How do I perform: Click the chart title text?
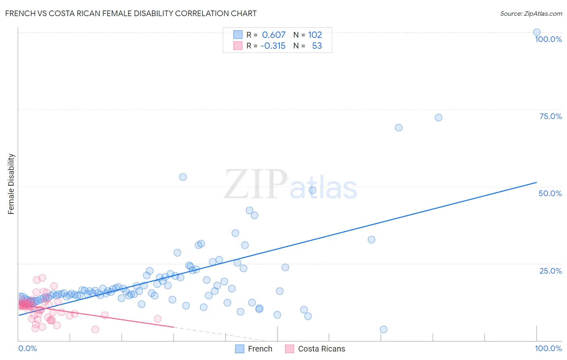click(131, 13)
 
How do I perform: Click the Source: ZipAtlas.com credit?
click(531, 13)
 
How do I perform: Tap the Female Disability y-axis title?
click(11, 184)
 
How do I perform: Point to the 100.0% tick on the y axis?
click(548, 39)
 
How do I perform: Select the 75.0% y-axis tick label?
click(550, 116)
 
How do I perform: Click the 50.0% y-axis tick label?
click(550, 193)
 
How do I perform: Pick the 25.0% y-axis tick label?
click(550, 271)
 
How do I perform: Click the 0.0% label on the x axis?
click(27, 348)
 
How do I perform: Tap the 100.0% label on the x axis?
click(548, 348)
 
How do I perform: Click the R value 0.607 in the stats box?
click(273, 35)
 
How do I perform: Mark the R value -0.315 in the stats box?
click(273, 46)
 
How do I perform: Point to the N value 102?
click(315, 35)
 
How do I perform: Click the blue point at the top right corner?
click(537, 33)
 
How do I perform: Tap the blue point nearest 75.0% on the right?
click(438, 117)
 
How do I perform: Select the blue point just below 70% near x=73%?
click(398, 128)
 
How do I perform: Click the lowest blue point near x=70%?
click(384, 329)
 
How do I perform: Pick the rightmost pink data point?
click(158, 319)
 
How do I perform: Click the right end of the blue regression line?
click(536, 182)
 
